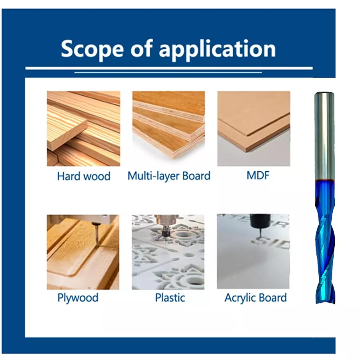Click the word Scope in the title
tap(92, 49)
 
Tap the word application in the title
tap(217, 49)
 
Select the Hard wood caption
tap(84, 176)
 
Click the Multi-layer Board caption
tap(169, 176)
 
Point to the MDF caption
tap(258, 176)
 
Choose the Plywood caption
tap(78, 298)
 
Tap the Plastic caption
tap(170, 298)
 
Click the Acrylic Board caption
tap(256, 298)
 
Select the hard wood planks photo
tap(84, 128)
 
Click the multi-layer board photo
tap(168, 128)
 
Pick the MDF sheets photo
tap(254, 128)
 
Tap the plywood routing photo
tap(83, 252)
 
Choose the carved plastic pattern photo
tap(168, 252)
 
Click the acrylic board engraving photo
tap(253, 252)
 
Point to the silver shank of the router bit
tap(324, 136)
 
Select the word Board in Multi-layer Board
tap(196, 176)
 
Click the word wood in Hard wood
tap(97, 176)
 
